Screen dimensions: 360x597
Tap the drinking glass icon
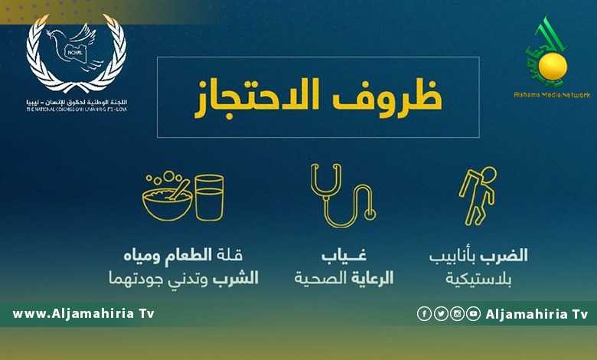coord(209,197)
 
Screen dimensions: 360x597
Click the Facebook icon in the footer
coord(423,314)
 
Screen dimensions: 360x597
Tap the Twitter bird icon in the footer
coord(440,314)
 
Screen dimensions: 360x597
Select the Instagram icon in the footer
coord(457,314)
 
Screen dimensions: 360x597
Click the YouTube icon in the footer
coord(474,314)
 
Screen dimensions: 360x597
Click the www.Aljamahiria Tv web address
coord(83,314)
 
